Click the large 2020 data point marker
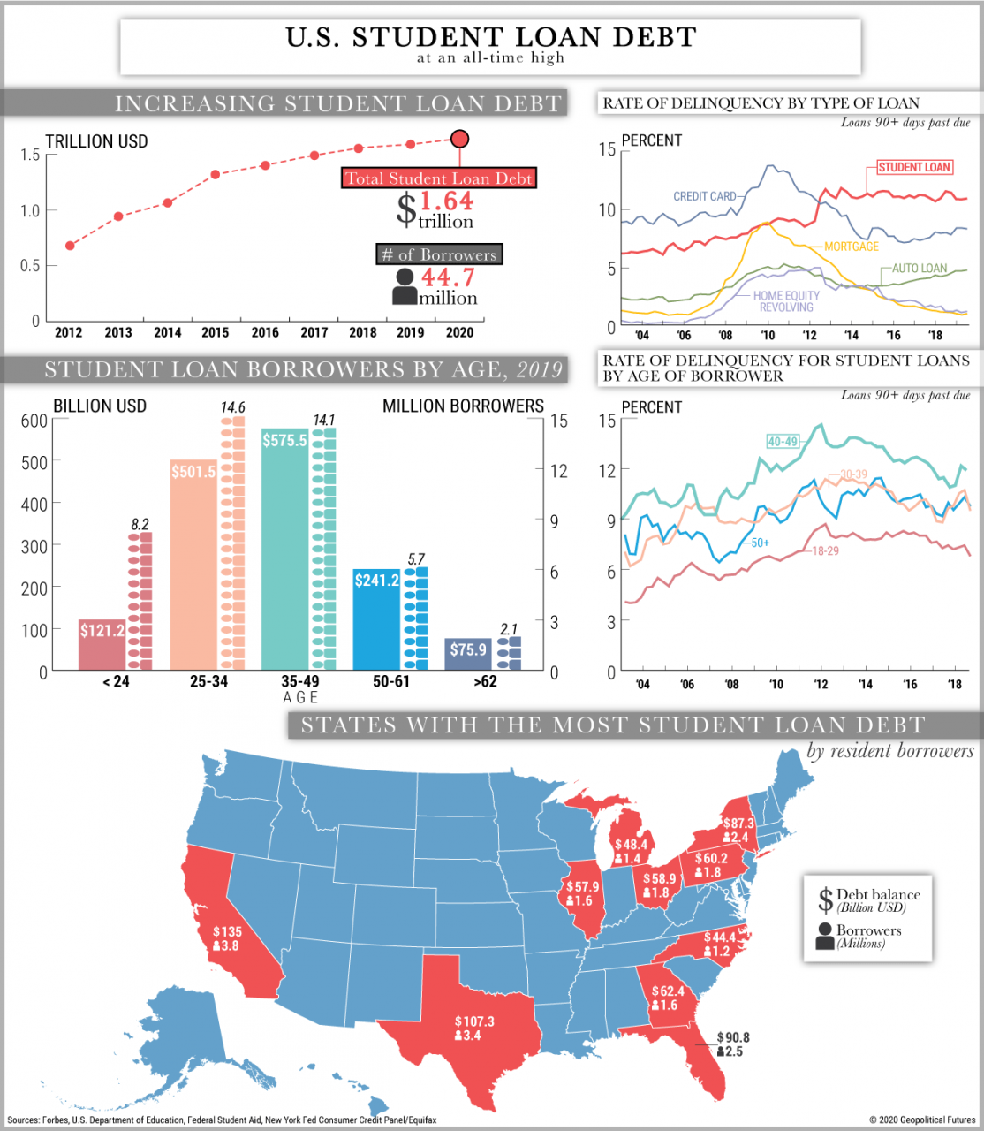459,139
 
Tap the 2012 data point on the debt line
70,245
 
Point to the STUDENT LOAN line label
913,167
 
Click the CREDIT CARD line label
704,196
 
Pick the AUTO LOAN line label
919,269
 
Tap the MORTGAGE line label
851,247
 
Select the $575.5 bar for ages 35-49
284,548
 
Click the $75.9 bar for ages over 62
468,654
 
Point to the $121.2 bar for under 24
102,644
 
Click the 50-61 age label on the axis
391,681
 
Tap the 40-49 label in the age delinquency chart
783,441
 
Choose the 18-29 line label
825,550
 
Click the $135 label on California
227,931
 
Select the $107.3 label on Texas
474,1021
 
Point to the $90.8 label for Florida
733,1037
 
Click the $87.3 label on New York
738,823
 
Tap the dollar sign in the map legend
825,900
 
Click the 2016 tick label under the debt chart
265,332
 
